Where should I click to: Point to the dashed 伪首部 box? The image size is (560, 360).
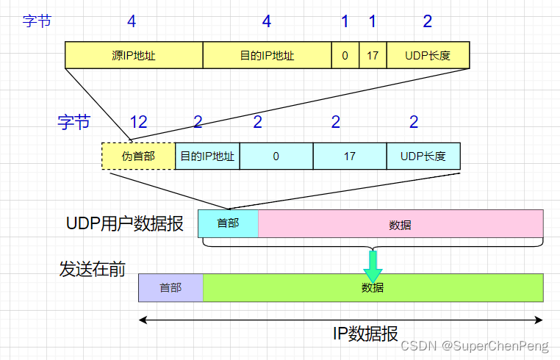tap(138, 156)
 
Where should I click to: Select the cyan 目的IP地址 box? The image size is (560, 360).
tap(207, 156)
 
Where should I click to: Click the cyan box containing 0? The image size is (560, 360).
tap(276, 156)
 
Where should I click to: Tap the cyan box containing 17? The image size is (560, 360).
tap(350, 156)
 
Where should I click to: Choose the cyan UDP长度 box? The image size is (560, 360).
tap(423, 156)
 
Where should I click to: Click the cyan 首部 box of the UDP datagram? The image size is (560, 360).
tap(229, 223)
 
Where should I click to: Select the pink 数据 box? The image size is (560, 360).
tap(401, 223)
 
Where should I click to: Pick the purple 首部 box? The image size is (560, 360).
tap(170, 287)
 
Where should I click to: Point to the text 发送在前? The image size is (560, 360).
tap(92, 269)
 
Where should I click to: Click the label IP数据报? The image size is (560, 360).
tap(365, 334)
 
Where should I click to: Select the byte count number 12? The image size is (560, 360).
tap(139, 122)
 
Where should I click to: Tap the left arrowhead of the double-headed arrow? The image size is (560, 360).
tap(143, 320)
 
